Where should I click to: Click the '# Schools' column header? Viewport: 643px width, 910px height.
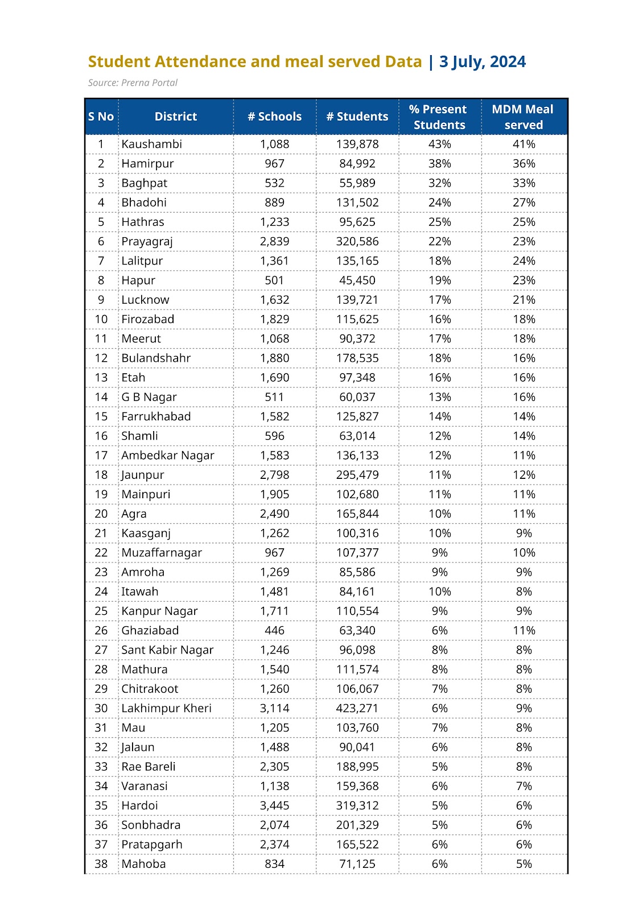point(274,117)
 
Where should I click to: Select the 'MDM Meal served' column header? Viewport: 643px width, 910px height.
point(523,117)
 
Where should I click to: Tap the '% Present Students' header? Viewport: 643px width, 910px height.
point(439,117)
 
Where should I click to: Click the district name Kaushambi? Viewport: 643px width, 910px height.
point(151,144)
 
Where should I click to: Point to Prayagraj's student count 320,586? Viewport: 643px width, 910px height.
point(357,241)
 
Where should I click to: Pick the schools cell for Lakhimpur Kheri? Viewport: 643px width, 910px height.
point(274,708)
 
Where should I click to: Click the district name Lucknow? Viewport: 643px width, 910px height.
point(145,300)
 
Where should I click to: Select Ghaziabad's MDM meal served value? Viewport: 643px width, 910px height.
point(524,630)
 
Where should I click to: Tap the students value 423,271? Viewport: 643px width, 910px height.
point(357,708)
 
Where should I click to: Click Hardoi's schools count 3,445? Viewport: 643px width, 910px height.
point(274,805)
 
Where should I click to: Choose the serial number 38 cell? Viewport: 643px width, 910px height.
point(101,864)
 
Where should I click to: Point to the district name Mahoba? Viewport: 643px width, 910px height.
point(143,864)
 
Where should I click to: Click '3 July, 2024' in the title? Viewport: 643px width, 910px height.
point(483,61)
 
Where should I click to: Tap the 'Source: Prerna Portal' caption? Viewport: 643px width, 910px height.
point(133,83)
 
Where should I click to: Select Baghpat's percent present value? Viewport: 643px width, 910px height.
point(439,183)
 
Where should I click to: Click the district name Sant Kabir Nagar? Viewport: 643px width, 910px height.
point(167,650)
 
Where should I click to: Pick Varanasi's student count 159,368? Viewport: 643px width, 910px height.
point(357,786)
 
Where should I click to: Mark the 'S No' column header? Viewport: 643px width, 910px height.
point(101,117)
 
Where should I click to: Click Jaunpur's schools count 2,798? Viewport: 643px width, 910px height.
point(274,475)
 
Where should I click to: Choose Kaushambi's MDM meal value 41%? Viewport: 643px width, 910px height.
point(524,144)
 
